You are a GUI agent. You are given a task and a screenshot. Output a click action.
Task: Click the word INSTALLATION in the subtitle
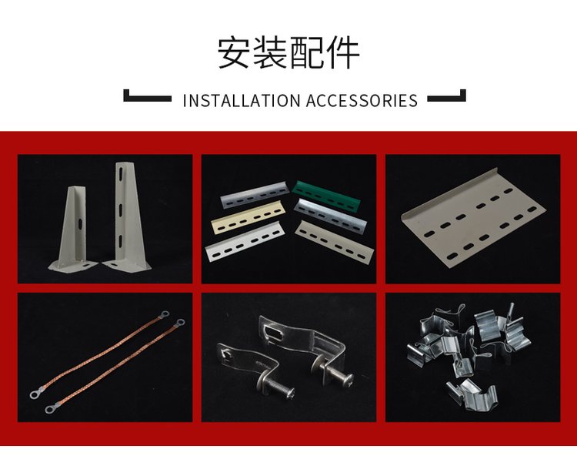pos(242,101)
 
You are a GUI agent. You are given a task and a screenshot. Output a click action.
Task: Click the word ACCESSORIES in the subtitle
pos(362,101)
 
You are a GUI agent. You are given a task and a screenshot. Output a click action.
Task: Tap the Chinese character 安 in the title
pos(234,52)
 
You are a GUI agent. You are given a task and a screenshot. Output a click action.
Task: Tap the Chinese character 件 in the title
pos(342,52)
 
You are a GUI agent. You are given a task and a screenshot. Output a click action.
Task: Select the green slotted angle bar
pos(326,194)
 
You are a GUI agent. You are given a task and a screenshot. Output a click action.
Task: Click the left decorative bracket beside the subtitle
pos(147,96)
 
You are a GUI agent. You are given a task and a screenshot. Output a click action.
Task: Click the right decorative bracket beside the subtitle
pos(446,96)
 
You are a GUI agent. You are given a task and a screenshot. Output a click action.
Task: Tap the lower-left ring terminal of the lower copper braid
pos(51,408)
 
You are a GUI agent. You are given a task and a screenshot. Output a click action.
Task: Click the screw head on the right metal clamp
pos(347,380)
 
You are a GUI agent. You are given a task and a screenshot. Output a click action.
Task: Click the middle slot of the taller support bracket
pos(121,210)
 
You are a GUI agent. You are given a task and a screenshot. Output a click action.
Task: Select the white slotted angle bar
pos(244,242)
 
